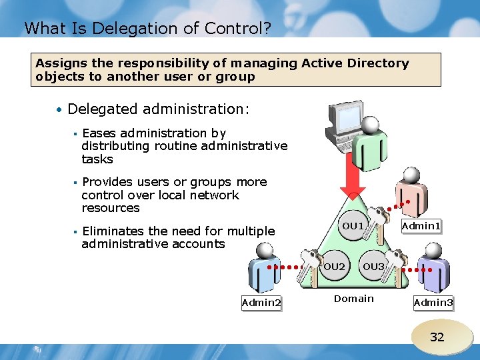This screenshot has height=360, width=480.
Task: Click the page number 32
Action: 437,337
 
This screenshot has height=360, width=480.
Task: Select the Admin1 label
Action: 421,227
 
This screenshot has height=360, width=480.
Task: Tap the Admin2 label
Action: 261,303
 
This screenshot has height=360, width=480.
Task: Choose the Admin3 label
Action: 433,303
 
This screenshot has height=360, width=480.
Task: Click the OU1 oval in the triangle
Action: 353,226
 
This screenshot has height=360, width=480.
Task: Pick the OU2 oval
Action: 334,267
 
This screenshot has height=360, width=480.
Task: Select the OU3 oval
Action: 373,267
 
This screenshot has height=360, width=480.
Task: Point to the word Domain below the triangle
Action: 353,299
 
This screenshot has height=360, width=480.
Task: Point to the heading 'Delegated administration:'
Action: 159,109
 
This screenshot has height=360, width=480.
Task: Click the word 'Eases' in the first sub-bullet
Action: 99,133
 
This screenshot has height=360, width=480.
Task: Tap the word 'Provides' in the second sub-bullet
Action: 107,182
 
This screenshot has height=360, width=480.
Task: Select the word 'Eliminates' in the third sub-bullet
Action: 112,231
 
